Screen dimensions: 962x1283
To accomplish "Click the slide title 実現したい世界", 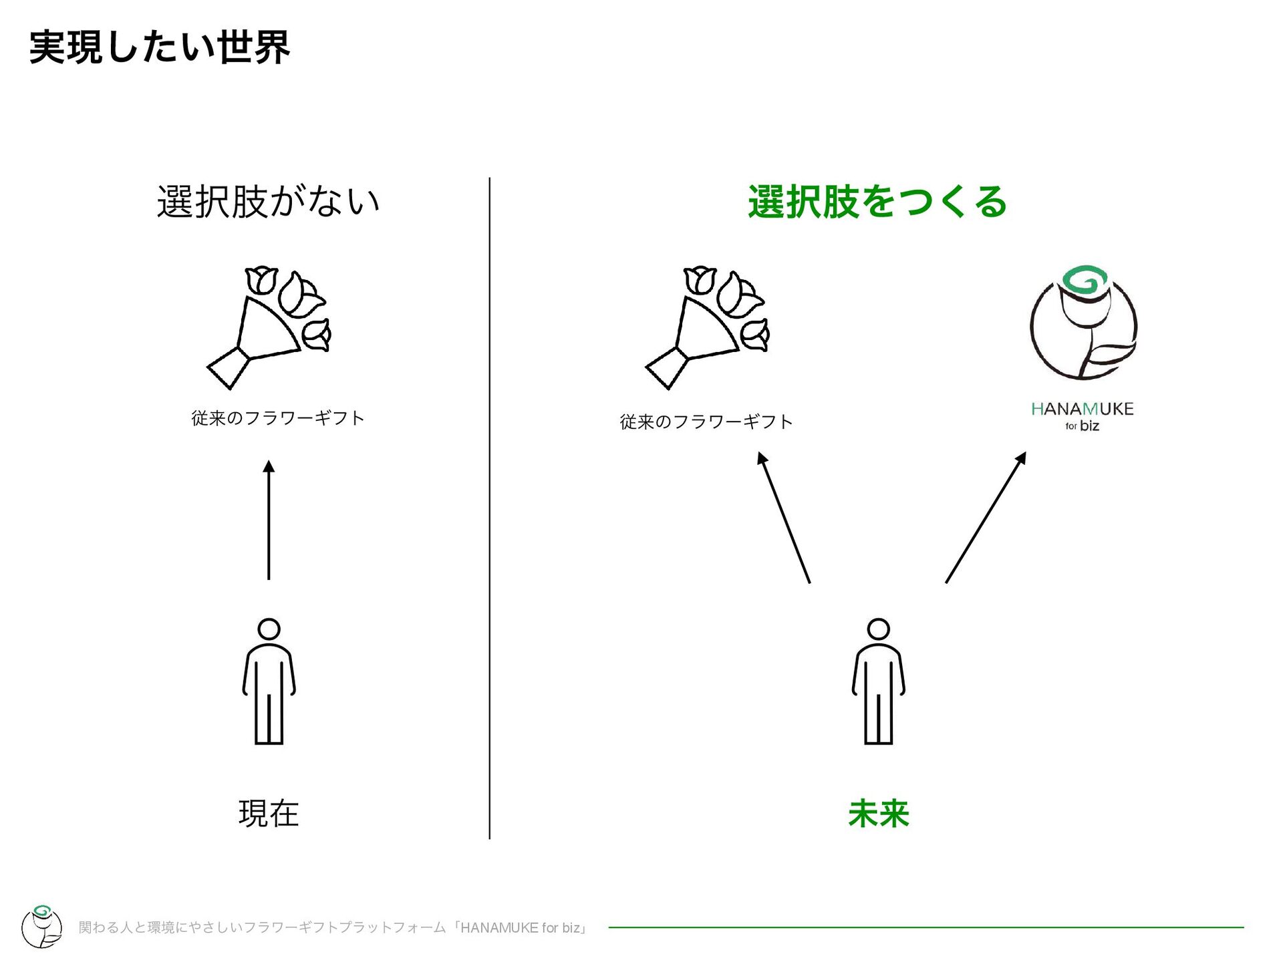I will [159, 47].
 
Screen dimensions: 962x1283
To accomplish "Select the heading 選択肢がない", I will [268, 201].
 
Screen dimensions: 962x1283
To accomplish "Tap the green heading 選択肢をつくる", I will [877, 201].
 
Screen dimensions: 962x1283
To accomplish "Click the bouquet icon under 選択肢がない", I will [269, 327].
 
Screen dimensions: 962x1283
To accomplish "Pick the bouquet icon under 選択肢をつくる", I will [707, 327].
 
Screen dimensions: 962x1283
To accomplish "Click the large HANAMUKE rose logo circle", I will [1083, 324].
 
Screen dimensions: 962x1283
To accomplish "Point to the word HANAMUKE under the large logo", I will [1082, 409].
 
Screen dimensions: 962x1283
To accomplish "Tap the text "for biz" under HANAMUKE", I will [1082, 426].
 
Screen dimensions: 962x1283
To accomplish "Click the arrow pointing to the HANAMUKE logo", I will [986, 517].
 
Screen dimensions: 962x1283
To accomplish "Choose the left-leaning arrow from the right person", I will [784, 517].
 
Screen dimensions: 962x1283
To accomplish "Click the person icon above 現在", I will [269, 681].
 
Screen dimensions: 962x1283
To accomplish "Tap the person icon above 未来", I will [878, 681].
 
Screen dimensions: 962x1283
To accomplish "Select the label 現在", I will [269, 814].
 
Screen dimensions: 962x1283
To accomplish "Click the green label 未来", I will [878, 814].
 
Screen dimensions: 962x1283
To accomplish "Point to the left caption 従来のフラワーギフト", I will [278, 418].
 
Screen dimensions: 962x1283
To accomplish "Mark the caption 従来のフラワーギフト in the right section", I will [706, 422].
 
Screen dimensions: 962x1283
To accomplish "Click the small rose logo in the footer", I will [42, 926].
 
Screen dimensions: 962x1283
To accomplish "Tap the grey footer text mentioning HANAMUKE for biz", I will [333, 927].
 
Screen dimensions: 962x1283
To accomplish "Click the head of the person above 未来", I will [878, 629].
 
